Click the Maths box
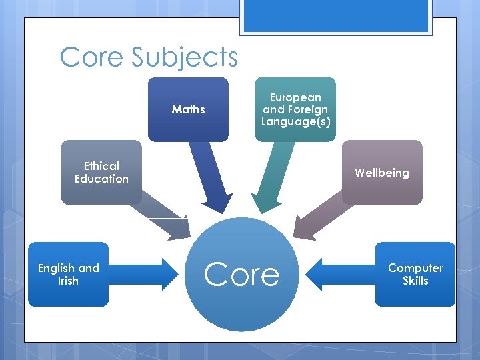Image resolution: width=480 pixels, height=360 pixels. pyautogui.click(x=188, y=109)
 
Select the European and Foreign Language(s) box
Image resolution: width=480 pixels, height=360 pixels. pyautogui.click(x=295, y=109)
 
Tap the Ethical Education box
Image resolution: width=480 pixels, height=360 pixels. pyautogui.click(x=101, y=172)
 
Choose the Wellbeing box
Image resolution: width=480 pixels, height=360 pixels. pyautogui.click(x=382, y=173)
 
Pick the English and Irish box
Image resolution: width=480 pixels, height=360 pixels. pyautogui.click(x=68, y=274)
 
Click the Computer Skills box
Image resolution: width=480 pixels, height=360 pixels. pyautogui.click(x=415, y=274)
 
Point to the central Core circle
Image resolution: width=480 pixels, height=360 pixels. pyautogui.click(x=241, y=274)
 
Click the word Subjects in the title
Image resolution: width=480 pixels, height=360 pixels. pyautogui.click(x=185, y=57)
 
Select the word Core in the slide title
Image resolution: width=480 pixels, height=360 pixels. pyautogui.click(x=92, y=57)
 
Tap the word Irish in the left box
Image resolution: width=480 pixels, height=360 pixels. pyautogui.click(x=68, y=281)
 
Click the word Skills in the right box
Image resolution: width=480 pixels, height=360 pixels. pyautogui.click(x=415, y=281)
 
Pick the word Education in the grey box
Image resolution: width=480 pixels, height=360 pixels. pyautogui.click(x=101, y=179)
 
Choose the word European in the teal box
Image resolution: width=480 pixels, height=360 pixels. pyautogui.click(x=295, y=97)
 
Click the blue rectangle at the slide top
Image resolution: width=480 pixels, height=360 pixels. pyautogui.click(x=335, y=15)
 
